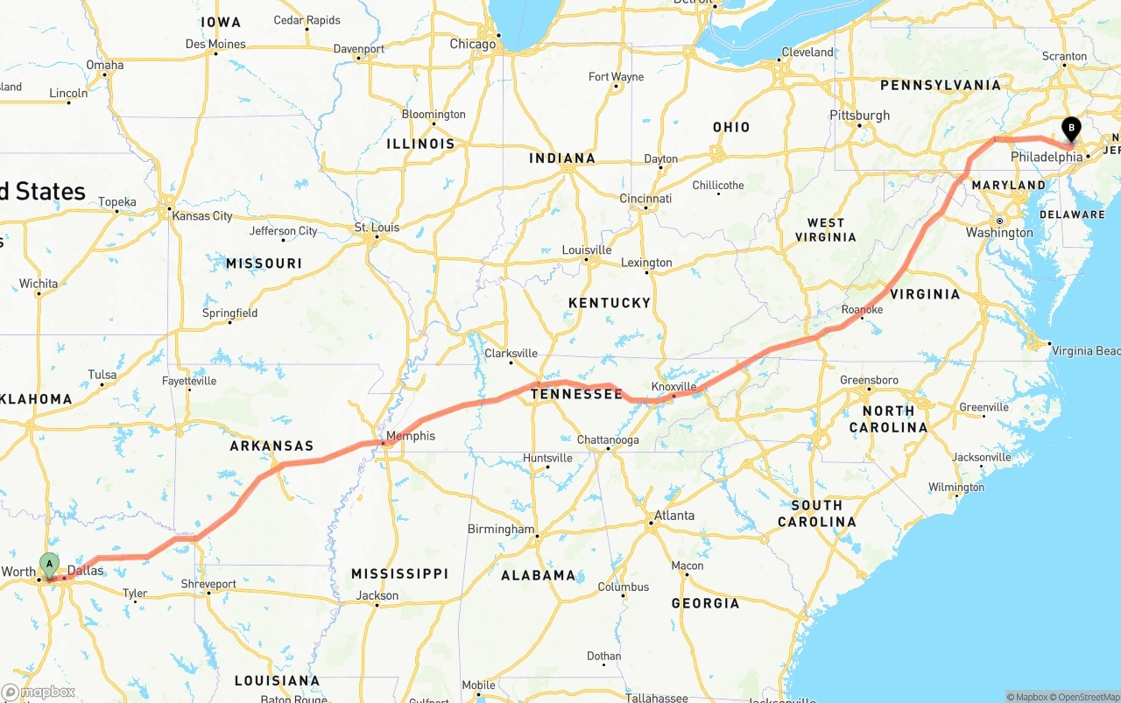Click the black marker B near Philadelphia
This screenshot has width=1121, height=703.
click(x=1071, y=130)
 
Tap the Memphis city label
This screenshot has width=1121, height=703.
click(x=410, y=436)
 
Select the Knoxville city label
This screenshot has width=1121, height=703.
click(x=673, y=386)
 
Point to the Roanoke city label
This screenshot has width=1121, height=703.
click(x=862, y=310)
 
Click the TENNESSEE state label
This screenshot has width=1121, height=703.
click(x=576, y=395)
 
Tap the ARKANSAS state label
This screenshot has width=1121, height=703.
click(x=271, y=446)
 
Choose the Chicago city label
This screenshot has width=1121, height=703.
click(x=472, y=45)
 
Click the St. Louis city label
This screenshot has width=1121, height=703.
click(x=377, y=228)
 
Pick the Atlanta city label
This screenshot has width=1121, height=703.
click(x=674, y=516)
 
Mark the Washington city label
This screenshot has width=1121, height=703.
click(x=999, y=233)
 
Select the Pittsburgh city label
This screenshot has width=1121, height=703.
click(x=859, y=116)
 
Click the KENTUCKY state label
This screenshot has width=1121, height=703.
click(x=610, y=303)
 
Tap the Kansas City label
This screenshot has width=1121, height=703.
click(x=202, y=216)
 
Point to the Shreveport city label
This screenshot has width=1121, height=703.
click(x=208, y=584)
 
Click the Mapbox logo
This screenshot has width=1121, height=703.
click(x=39, y=692)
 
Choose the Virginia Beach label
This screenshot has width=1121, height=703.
click(x=1085, y=351)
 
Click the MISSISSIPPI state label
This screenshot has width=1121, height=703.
click(x=399, y=574)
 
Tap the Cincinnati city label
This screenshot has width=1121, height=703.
click(x=645, y=199)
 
